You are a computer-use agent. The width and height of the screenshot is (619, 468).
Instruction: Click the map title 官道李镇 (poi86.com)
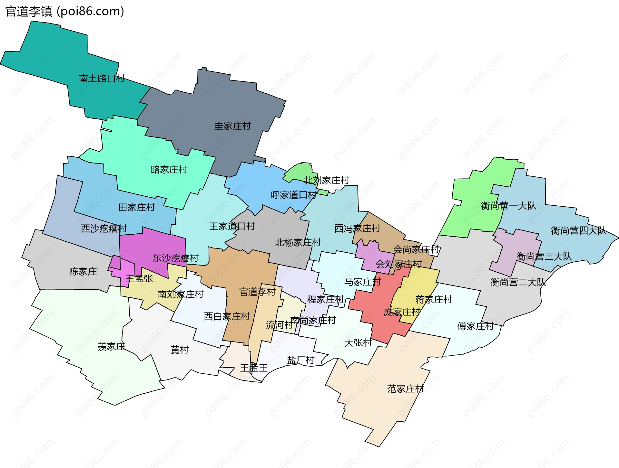[x=64, y=11]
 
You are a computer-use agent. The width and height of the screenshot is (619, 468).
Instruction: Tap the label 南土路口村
[x=102, y=78]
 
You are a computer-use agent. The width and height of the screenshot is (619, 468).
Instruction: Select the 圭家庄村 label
[x=232, y=126]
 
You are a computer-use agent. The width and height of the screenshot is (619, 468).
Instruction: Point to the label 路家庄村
[x=169, y=169]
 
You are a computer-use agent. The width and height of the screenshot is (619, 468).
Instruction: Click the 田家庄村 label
[x=137, y=207]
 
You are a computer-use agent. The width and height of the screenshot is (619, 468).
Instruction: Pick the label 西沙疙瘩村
[x=104, y=229]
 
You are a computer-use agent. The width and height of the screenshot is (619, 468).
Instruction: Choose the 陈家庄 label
[x=83, y=271]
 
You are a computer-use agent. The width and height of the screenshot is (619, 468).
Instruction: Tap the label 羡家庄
[x=111, y=346]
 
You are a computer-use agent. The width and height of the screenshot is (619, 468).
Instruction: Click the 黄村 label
[x=179, y=350]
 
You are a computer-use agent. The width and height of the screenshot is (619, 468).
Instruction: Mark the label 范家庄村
[x=405, y=389]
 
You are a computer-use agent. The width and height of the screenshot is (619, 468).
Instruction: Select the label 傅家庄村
[x=475, y=326]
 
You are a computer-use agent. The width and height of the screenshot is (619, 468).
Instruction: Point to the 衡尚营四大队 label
[x=578, y=230]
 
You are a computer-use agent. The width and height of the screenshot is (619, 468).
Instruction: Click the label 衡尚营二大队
[x=518, y=282]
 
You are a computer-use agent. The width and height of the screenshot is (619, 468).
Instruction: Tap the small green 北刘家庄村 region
[x=298, y=172]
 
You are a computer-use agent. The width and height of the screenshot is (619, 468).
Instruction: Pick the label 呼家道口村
[x=294, y=195]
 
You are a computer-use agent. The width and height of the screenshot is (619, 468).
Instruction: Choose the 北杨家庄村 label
[x=298, y=242]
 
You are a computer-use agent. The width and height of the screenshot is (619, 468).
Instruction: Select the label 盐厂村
[x=300, y=360]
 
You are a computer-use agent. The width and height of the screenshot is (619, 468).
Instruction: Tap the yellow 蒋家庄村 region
[x=416, y=286]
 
